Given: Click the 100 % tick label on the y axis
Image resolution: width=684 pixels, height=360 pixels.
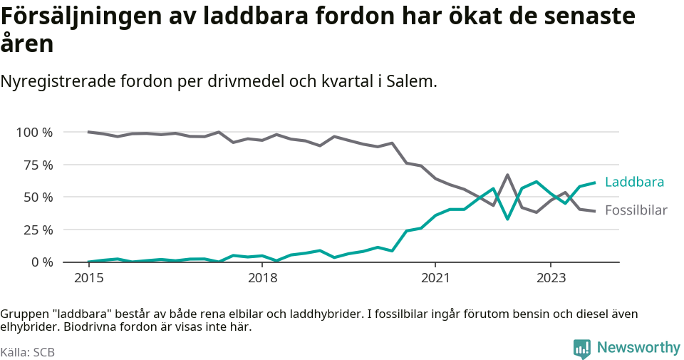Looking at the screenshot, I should (x=34, y=132).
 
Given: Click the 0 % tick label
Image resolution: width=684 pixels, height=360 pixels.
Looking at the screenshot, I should (x=41, y=262).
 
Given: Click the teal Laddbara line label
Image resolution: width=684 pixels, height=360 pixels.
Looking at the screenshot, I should (x=634, y=182).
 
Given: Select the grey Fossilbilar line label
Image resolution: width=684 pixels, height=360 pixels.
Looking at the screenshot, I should (x=636, y=210).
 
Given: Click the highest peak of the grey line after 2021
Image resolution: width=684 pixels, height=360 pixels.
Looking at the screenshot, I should (x=507, y=175).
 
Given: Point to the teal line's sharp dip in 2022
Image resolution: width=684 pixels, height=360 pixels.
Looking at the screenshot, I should (x=507, y=219).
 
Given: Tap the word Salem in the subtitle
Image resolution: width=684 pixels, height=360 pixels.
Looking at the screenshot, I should (x=411, y=81).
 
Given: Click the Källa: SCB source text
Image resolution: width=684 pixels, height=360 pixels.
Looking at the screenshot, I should (x=28, y=352).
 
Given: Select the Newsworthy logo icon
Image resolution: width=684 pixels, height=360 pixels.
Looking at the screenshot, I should (x=582, y=349).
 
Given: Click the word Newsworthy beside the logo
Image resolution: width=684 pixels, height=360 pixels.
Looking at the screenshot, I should (x=638, y=348).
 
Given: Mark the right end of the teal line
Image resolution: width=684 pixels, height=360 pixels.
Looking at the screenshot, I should (x=594, y=182).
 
